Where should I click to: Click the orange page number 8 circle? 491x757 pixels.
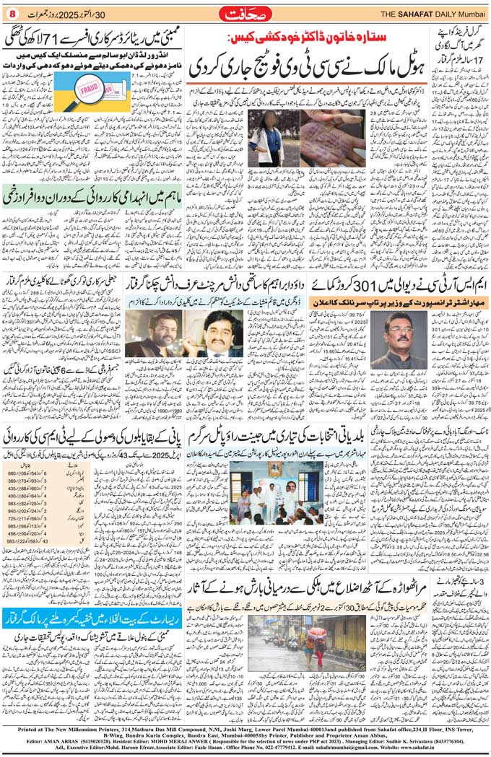coord(12,13)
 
